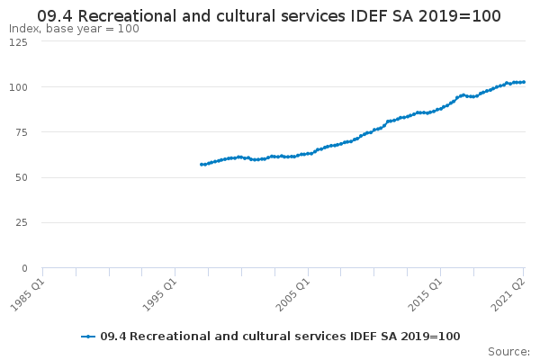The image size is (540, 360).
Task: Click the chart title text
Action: (269, 16)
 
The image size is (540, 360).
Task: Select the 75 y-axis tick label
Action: (21, 132)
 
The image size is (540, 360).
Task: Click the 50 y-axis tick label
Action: (21, 178)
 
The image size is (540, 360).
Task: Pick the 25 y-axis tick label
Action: (21, 223)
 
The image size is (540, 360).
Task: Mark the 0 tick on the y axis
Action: (24, 268)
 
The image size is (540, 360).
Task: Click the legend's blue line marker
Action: (88, 337)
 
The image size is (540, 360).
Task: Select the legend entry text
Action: (280, 337)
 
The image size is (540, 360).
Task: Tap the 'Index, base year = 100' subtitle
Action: (74, 29)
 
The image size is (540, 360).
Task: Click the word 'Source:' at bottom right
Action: (508, 352)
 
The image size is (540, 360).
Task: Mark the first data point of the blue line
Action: (201, 164)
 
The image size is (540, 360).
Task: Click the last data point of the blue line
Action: (524, 82)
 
